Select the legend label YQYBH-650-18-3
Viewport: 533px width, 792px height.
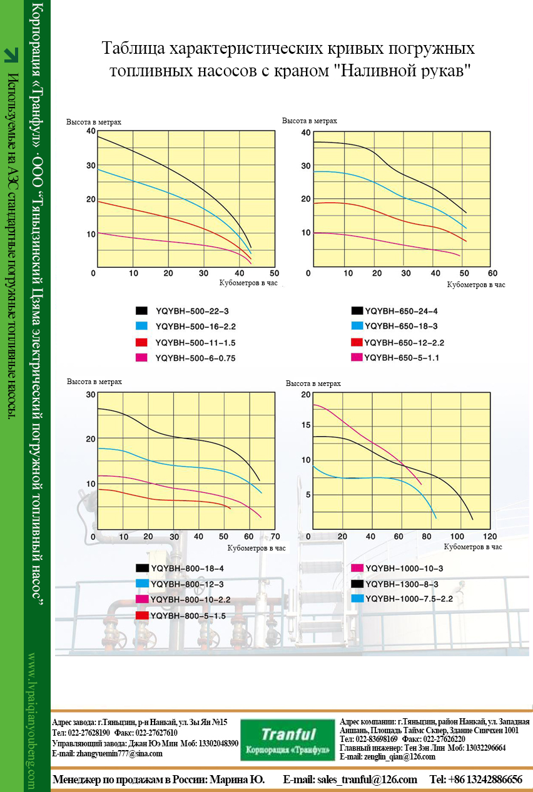pyautogui.click(x=400, y=326)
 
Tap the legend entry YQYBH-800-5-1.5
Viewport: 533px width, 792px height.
pyautogui.click(x=188, y=616)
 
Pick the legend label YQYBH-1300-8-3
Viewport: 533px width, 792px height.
pyautogui.click(x=404, y=583)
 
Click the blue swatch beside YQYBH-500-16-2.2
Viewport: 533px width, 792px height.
pyautogui.click(x=142, y=327)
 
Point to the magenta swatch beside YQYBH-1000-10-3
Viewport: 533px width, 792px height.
pyautogui.click(x=358, y=568)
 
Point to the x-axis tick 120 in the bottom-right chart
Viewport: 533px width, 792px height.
pyautogui.click(x=489, y=537)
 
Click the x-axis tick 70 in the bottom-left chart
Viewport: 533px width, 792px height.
pyautogui.click(x=275, y=537)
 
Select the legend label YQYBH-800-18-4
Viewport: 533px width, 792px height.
pyautogui.click(x=187, y=568)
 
